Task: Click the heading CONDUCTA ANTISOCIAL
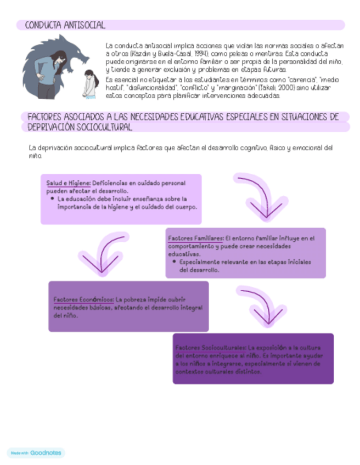[61, 25]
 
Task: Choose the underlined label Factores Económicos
[83, 300]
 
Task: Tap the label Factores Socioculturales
[211, 348]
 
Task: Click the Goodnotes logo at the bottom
[36, 453]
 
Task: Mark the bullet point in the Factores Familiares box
[174, 262]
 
